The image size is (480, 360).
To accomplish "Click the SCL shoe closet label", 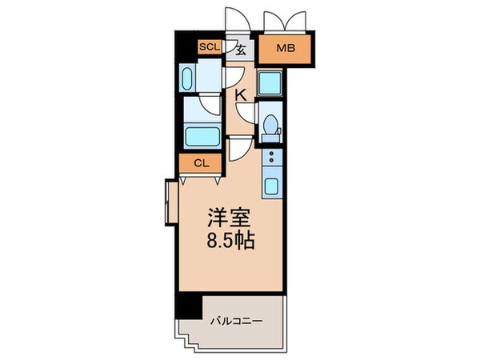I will pos(210,48).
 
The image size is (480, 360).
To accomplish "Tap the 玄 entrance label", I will pos(240,49).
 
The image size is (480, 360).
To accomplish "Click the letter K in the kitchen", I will pos(239,95).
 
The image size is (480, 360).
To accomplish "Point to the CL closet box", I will pos(201,165).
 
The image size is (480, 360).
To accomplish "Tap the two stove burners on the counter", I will pos(272,157).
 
